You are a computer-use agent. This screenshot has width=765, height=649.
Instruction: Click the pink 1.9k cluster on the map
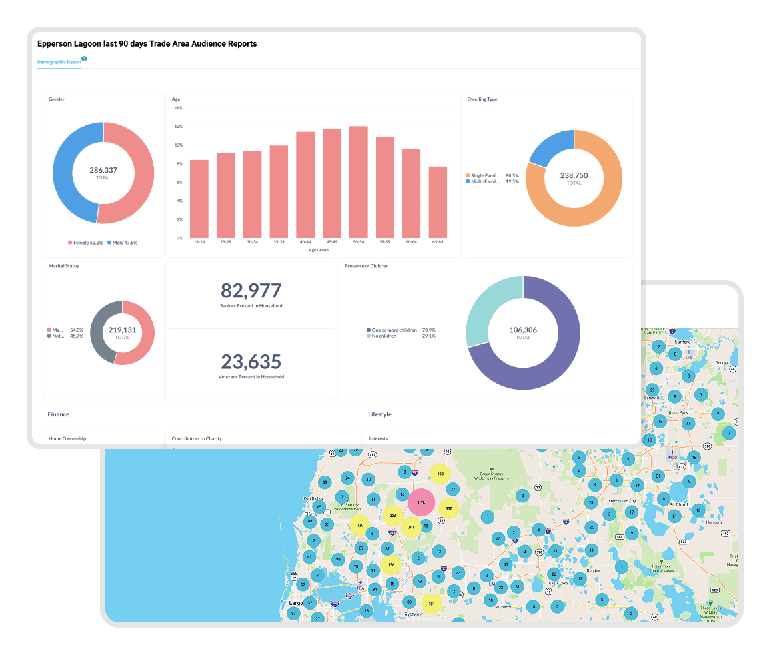point(421,502)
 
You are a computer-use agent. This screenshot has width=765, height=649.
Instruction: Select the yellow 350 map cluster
point(449,509)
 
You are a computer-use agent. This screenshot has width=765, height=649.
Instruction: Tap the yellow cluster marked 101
point(432,604)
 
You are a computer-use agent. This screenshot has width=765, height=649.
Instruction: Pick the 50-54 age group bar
point(359,181)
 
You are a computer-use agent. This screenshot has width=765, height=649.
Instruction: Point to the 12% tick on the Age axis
point(178,126)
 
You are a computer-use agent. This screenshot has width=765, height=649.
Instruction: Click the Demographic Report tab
point(59,62)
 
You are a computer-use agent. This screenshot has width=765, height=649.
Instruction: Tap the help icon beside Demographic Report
point(84,59)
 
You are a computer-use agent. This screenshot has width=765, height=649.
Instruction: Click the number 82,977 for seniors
point(251,291)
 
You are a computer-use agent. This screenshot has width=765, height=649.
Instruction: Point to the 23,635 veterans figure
point(251,362)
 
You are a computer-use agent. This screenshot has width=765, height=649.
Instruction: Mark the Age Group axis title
point(319,250)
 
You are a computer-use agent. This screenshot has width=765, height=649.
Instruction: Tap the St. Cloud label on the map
point(678,505)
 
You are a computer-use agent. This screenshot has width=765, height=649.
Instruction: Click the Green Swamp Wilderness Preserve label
point(492,476)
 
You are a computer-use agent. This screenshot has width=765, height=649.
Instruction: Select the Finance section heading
point(58,414)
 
